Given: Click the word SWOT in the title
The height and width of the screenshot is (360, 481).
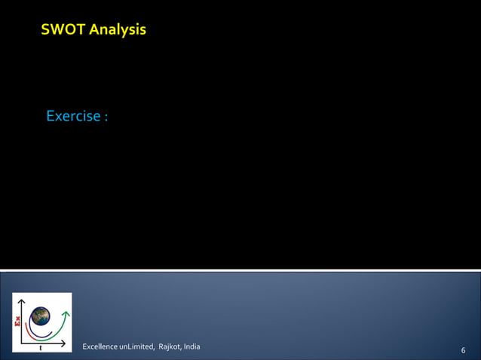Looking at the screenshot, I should coord(63,30).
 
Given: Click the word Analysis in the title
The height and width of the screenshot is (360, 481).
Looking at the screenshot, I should coord(117,30).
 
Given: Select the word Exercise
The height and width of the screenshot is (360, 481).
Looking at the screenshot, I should coord(73,117).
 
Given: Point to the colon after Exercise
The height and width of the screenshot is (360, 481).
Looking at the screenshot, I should coord(106,118).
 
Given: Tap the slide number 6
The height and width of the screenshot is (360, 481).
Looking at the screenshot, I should coord(462,350).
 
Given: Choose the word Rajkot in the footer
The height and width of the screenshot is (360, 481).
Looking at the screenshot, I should coord(169,346).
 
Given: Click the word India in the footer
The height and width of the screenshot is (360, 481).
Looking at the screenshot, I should coord(191,346).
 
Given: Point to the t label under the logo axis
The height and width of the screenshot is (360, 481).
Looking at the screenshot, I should coord(40,348).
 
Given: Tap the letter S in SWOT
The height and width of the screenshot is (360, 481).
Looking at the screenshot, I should coord(46,30).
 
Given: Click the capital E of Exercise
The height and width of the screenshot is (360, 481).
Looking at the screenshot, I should coord(51,117).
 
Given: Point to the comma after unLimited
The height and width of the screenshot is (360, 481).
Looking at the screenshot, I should coord(152,349).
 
